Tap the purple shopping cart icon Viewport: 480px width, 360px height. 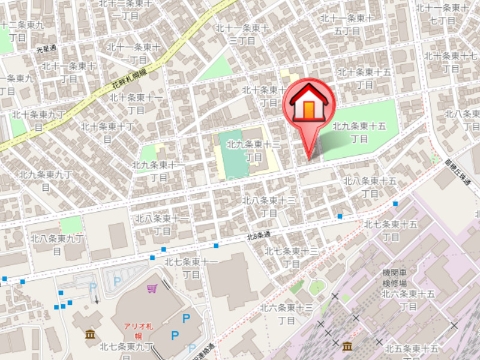152,289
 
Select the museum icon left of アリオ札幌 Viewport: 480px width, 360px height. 90,334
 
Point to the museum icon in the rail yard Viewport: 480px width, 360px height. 347,346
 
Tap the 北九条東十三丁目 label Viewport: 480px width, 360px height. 255,151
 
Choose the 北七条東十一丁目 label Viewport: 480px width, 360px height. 191,268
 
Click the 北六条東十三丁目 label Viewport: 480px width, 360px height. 287,313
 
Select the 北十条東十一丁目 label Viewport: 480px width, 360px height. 137,103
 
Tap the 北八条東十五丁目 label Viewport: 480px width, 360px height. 370,187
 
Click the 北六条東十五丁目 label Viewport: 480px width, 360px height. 408,300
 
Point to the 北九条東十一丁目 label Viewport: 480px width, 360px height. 159,171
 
